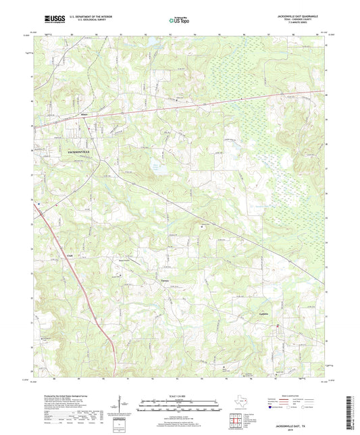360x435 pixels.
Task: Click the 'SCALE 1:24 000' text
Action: (x=180, y=395)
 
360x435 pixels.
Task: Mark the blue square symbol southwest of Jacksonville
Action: (x=39, y=204)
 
